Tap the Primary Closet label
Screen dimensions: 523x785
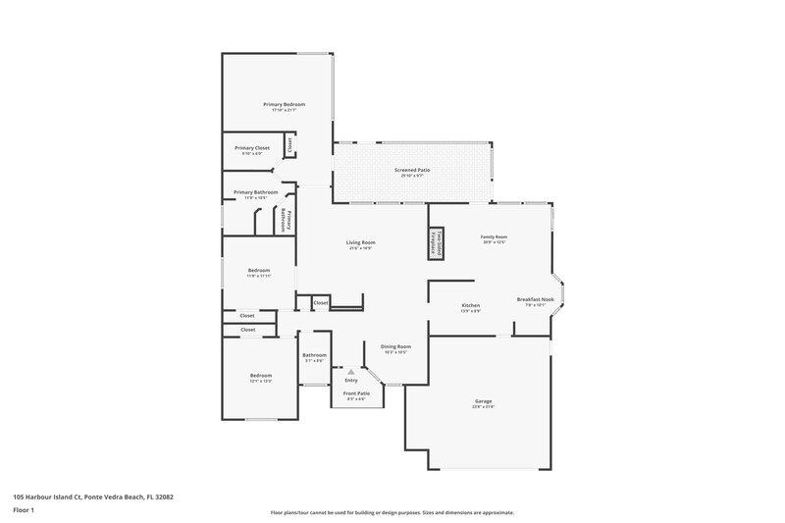click(x=252, y=148)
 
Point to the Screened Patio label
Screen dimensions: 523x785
click(x=412, y=170)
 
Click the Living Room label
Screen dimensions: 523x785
click(x=360, y=242)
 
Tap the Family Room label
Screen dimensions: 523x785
click(x=494, y=236)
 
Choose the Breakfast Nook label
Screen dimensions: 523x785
click(x=536, y=299)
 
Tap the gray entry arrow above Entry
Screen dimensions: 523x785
click(x=350, y=373)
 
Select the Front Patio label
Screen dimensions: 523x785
click(x=356, y=393)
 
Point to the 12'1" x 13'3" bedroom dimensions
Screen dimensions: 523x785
click(x=260, y=381)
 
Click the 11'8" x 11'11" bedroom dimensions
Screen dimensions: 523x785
click(x=259, y=276)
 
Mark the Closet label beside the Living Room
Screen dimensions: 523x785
click(x=321, y=303)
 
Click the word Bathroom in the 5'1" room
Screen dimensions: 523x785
click(x=314, y=355)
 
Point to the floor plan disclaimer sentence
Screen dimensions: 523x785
click(x=392, y=512)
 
